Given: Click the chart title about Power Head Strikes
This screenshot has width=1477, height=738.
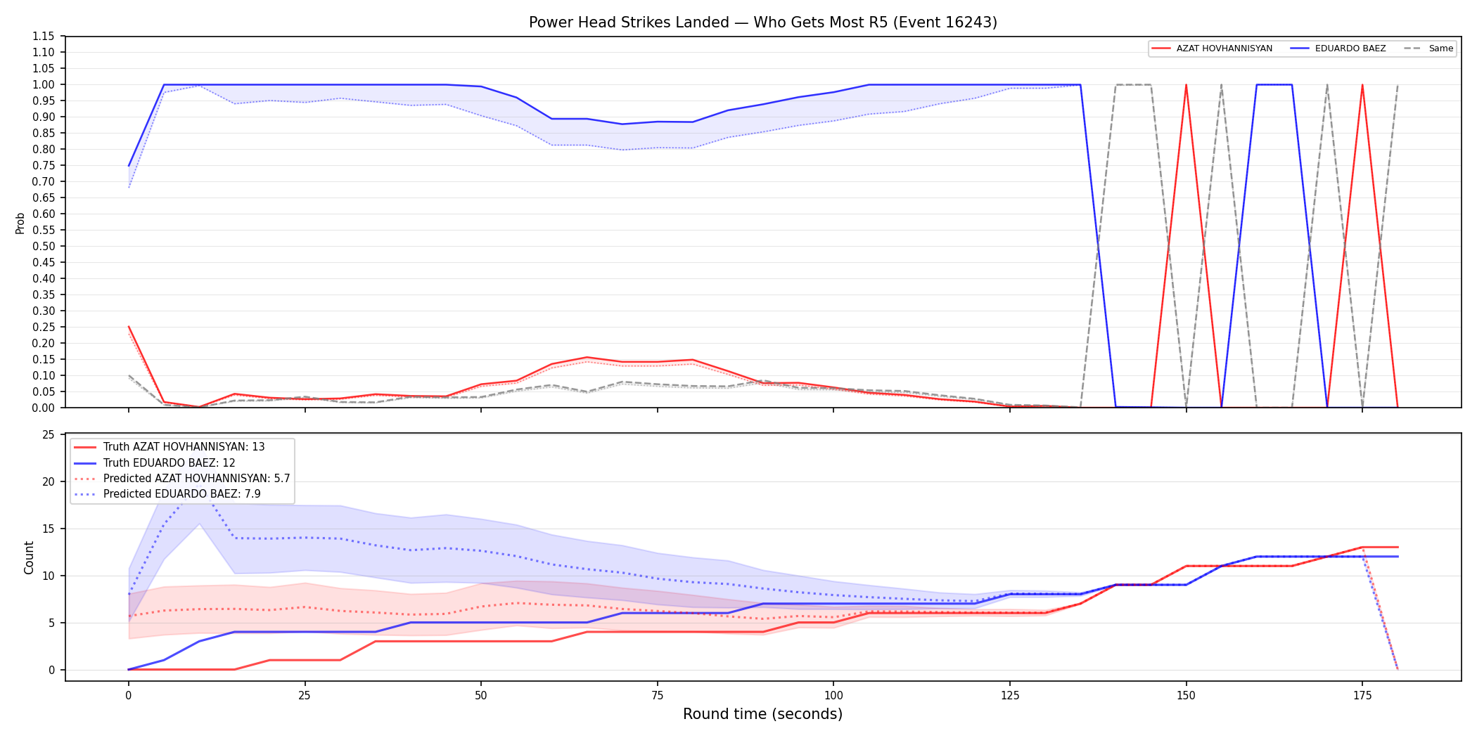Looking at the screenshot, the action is click(x=762, y=22).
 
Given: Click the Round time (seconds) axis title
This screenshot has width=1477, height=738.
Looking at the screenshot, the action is click(x=762, y=714).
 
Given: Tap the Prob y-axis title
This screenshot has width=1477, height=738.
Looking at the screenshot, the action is click(x=20, y=223).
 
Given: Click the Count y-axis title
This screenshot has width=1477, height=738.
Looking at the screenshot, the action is click(x=29, y=557).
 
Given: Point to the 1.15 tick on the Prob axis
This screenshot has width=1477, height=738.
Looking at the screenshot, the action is click(x=44, y=37).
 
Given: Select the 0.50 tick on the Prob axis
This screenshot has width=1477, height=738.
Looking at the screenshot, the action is click(x=44, y=246).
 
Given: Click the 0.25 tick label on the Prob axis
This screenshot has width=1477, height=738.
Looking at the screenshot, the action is click(x=44, y=327).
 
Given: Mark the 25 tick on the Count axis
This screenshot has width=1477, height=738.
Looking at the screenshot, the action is click(x=49, y=434).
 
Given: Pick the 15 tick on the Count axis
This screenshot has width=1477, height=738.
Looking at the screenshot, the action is click(x=49, y=529).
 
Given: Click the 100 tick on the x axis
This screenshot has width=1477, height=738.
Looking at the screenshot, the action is click(x=833, y=696).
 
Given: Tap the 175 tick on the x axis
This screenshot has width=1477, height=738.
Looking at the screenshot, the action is click(x=1362, y=696).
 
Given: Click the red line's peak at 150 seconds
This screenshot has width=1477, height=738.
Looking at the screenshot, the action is click(x=1186, y=85).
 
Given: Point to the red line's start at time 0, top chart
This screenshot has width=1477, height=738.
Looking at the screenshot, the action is click(x=129, y=327).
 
